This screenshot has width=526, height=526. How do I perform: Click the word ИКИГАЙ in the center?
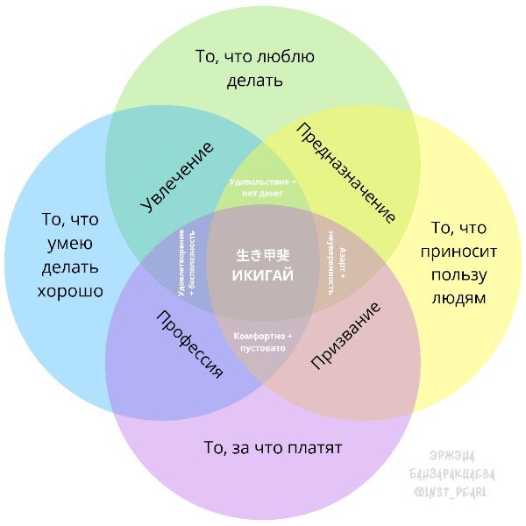[262, 274]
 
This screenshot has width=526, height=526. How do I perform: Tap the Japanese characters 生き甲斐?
[262, 255]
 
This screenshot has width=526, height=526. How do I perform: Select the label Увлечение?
[178, 175]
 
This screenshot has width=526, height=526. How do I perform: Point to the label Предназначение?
[346, 172]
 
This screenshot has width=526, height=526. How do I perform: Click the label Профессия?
[189, 344]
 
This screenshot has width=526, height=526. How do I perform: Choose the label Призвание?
[346, 336]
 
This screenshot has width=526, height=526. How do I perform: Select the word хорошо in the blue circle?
[70, 290]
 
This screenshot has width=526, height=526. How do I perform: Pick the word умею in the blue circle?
[70, 244]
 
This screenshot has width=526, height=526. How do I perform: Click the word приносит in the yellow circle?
[464, 252]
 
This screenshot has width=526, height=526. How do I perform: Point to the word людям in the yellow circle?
[458, 298]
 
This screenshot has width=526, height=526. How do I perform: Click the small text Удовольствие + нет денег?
[262, 187]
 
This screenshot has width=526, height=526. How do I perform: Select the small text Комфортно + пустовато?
[263, 342]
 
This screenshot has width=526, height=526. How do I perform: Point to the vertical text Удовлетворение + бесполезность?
[187, 260]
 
